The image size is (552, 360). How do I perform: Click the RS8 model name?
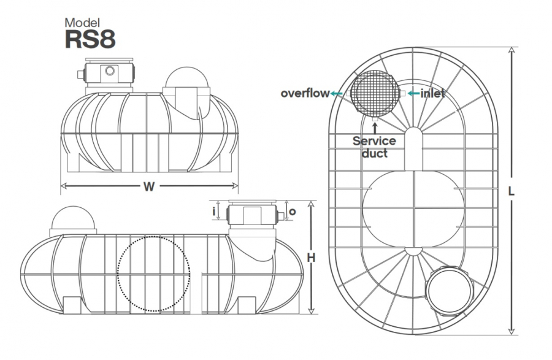90,39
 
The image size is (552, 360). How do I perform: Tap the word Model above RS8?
82,23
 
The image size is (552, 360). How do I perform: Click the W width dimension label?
149,186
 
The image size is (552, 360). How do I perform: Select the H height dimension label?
311,258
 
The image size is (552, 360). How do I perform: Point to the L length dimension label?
511,191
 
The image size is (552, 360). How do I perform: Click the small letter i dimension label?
213,212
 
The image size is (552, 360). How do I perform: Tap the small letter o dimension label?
292,212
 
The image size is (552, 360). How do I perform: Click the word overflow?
305,93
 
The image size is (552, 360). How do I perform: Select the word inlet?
432,93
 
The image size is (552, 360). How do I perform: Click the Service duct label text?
375,147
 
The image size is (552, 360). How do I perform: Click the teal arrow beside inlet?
413,93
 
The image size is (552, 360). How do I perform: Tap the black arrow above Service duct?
375,128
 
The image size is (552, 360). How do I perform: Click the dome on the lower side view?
73,217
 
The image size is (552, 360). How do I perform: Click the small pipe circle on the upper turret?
110,71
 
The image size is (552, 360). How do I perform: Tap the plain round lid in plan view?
450,291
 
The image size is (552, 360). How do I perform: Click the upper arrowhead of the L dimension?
512,50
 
